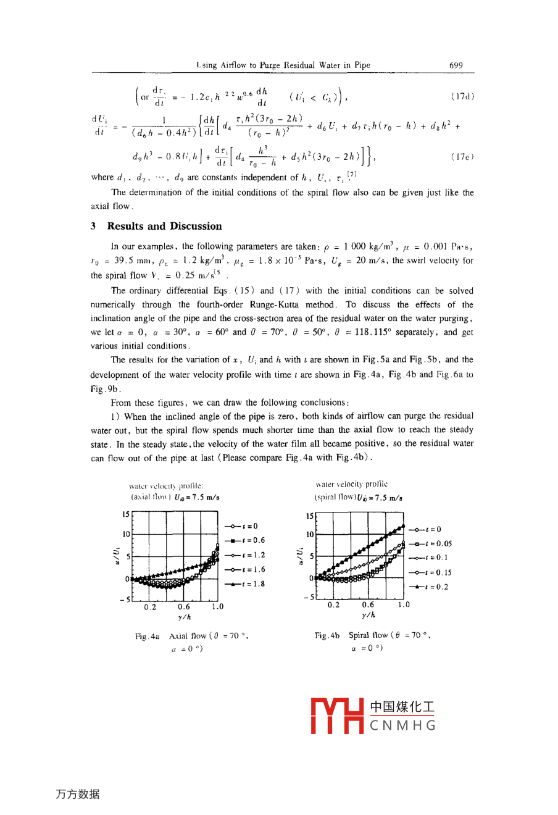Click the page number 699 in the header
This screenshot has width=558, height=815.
click(x=456, y=65)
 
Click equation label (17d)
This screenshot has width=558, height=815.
click(x=462, y=96)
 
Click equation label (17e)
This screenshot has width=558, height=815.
click(x=462, y=157)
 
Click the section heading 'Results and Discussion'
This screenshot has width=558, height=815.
click(x=164, y=226)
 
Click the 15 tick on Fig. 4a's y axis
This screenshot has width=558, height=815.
click(x=126, y=514)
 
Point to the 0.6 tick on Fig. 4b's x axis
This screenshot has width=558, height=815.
click(x=368, y=605)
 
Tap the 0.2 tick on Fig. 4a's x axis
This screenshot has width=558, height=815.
click(x=150, y=607)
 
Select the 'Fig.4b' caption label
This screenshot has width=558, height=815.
click(x=327, y=635)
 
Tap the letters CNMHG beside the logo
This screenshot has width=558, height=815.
click(x=403, y=725)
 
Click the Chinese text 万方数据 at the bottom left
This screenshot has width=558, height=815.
click(x=77, y=794)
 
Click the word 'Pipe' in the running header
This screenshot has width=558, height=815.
click(x=362, y=65)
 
